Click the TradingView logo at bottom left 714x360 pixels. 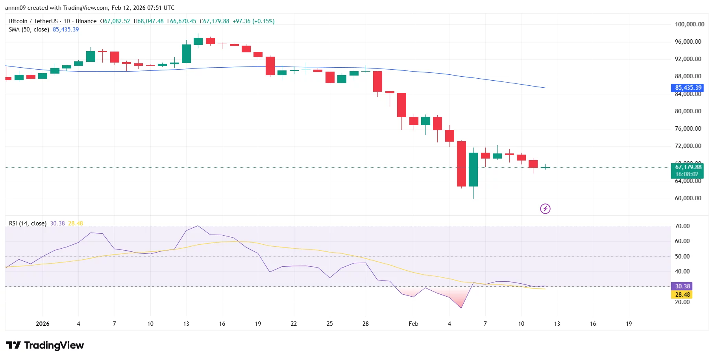point(45,345)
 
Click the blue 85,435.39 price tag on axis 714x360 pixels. point(688,88)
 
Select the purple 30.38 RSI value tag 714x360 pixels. point(682,286)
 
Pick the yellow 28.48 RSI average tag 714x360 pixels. point(682,295)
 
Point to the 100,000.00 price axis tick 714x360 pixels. point(689,24)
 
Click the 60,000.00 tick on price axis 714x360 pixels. point(688,198)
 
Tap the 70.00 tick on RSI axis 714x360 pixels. point(682,226)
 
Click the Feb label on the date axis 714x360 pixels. point(413,324)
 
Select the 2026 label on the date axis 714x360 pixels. point(43,324)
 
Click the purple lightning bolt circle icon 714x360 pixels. point(545,209)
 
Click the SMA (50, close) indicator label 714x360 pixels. point(29,30)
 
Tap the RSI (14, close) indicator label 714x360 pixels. point(28,223)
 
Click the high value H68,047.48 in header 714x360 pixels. point(148,21)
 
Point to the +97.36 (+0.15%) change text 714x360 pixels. point(253,21)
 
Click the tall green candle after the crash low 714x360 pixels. point(473,169)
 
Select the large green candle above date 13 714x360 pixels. point(186,54)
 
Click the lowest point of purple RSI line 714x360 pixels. point(461,308)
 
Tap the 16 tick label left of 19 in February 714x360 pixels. point(593,324)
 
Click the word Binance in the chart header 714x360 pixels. point(86,21)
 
